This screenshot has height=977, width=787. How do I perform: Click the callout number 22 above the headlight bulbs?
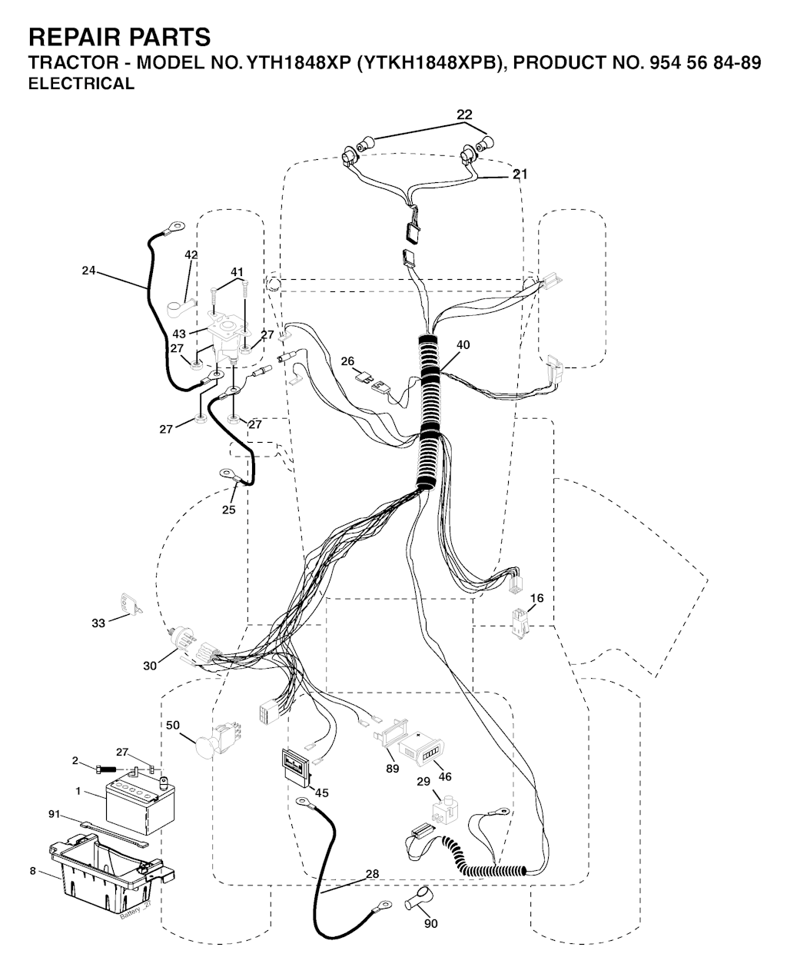(464, 115)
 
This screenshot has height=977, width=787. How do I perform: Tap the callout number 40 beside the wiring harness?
(463, 345)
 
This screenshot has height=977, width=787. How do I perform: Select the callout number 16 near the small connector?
(537, 598)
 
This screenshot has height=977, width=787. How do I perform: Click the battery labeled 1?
(140, 805)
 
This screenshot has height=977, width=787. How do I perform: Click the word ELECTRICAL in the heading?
(81, 84)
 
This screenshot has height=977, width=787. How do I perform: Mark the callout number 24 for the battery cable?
(88, 271)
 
